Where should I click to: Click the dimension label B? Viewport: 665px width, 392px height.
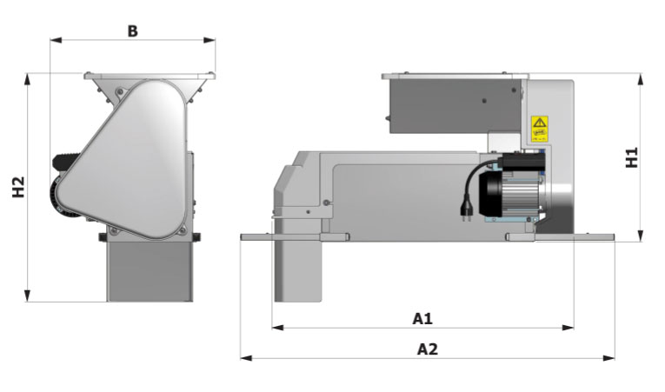(132, 30)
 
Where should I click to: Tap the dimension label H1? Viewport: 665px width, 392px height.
(632, 157)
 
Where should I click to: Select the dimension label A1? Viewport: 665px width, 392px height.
(422, 318)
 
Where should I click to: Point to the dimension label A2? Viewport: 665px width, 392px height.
(427, 349)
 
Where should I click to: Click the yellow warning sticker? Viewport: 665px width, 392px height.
(539, 128)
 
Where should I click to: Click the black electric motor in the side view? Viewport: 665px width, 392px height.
(509, 196)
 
